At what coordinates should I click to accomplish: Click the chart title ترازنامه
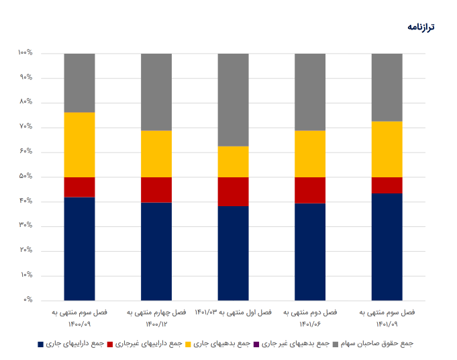pos(421,27)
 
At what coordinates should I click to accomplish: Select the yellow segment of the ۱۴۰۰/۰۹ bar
pos(79,144)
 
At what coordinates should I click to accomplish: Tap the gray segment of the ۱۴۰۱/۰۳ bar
pos(233,99)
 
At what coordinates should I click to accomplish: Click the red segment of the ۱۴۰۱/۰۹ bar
pos(387,185)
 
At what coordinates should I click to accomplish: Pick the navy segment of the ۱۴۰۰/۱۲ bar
pos(156,251)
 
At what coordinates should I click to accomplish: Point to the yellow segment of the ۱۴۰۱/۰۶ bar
pos(310,154)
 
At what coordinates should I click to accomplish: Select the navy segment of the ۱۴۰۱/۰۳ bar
pos(233,253)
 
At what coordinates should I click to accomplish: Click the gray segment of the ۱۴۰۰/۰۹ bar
pos(79,83)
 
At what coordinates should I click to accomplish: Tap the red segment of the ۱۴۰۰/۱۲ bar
pos(156,189)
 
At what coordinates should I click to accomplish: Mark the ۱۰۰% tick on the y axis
pos(26,53)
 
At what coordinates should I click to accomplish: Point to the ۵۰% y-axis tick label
pos(26,177)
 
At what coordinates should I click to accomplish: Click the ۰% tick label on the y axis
pos(28,300)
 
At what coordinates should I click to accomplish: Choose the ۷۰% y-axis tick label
pos(26,127)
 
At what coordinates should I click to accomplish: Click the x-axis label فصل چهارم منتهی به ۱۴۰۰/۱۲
pos(156,318)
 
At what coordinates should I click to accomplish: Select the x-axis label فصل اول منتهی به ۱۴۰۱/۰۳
pos(233,312)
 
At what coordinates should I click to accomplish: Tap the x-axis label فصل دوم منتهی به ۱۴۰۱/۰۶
pos(310,318)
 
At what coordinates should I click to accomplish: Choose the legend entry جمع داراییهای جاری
pos(75,344)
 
